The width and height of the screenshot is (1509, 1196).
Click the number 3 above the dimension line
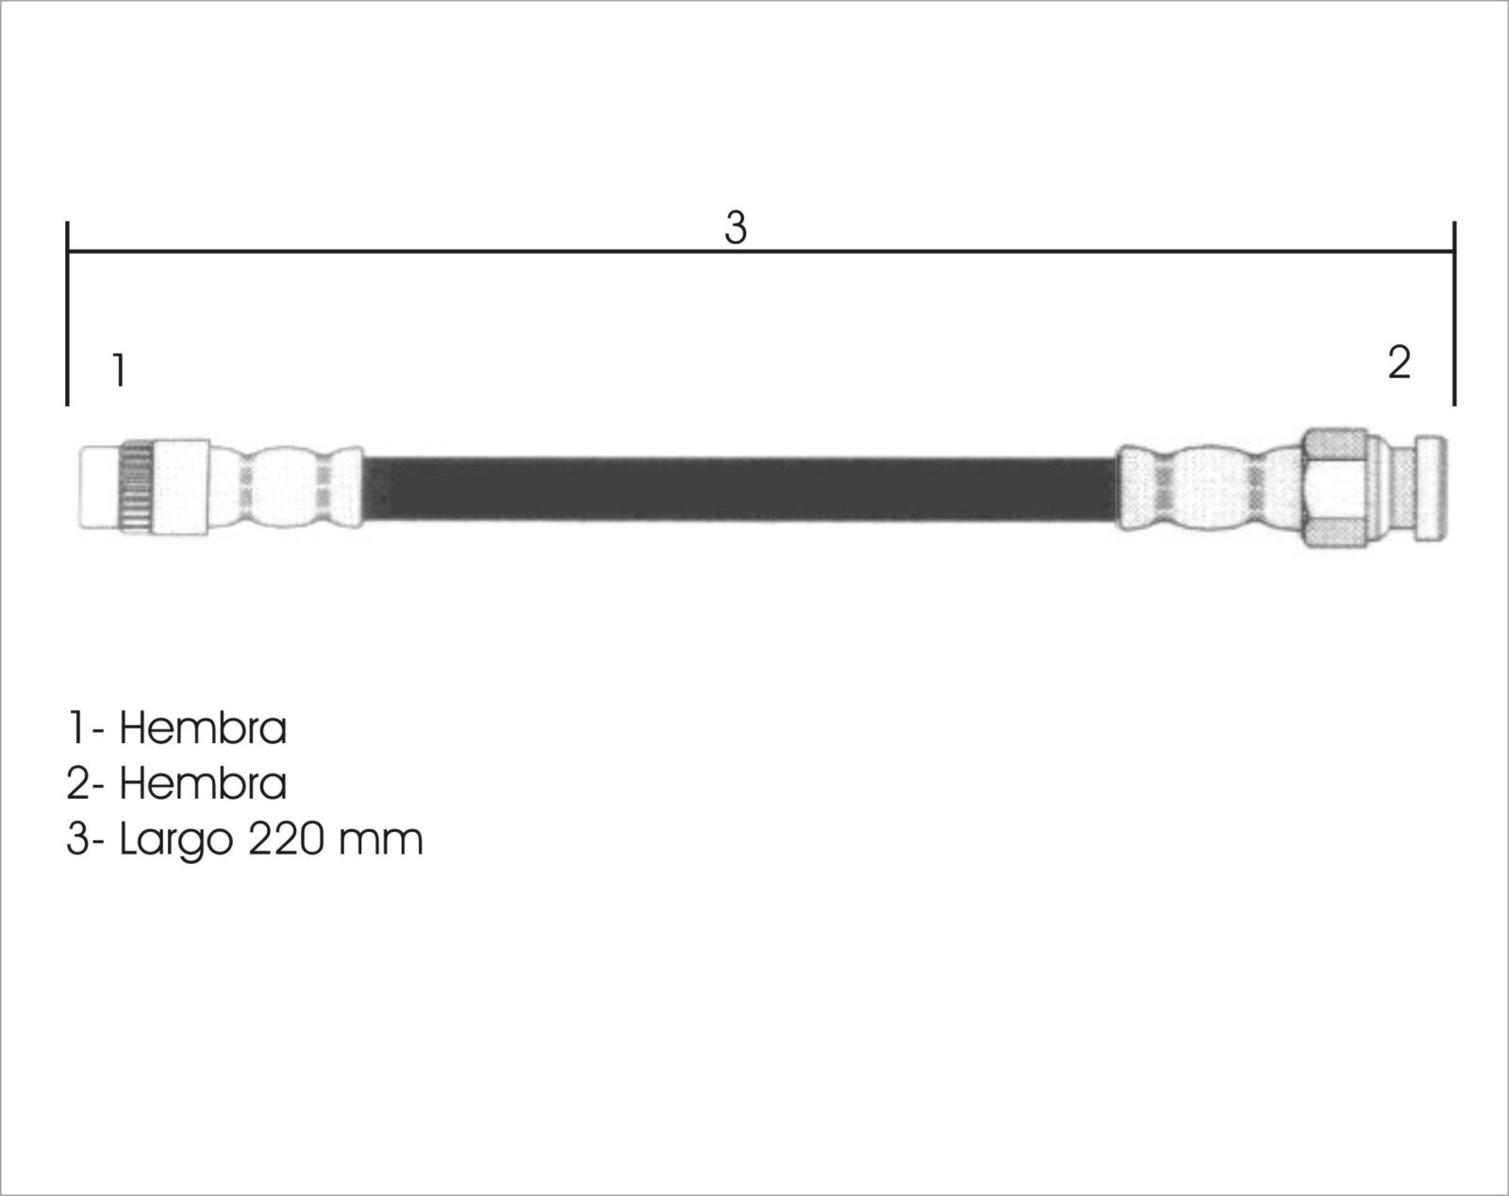pyautogui.click(x=736, y=228)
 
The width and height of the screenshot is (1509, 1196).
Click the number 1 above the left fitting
pyautogui.click(x=120, y=370)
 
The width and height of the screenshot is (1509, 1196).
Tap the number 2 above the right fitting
pyautogui.click(x=1399, y=363)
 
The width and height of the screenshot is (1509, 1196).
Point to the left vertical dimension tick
pyautogui.click(x=67, y=313)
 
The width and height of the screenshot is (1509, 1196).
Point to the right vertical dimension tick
pyautogui.click(x=1454, y=313)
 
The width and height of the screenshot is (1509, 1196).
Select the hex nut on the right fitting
pyautogui.click(x=1335, y=488)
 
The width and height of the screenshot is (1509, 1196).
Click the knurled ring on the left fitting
pyautogui.click(x=138, y=487)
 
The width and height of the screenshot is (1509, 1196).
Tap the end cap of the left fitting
pyautogui.click(x=100, y=486)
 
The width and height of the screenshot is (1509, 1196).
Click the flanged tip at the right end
pyautogui.click(x=1431, y=489)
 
